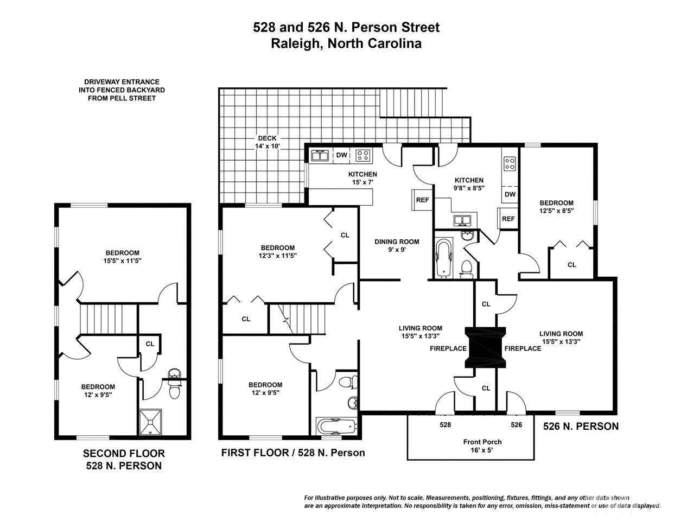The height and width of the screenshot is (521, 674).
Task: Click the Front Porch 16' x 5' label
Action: [482, 446]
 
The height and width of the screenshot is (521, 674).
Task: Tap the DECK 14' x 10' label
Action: [268, 142]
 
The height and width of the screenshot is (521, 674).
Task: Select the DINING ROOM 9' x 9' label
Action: [397, 246]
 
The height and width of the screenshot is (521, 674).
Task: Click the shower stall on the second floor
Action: [150, 422]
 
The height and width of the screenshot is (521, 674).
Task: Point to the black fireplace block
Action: [485, 347]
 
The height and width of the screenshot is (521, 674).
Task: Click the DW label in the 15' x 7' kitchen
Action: [341, 155]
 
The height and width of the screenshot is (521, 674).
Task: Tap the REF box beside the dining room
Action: [422, 200]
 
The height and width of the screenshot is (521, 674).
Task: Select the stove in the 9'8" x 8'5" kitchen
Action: [510, 163]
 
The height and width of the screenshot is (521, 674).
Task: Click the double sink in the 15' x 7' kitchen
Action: [320, 155]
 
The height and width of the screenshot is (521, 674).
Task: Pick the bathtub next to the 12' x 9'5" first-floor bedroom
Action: [336, 427]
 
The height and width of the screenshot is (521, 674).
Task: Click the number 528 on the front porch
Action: [445, 424]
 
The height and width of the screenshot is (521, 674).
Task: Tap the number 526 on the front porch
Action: [517, 424]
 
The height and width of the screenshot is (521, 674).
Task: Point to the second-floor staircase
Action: [109, 319]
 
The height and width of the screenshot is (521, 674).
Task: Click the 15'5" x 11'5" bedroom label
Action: [123, 257]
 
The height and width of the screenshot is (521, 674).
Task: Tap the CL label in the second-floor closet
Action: [150, 344]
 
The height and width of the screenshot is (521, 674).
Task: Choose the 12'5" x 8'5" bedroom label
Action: [556, 207]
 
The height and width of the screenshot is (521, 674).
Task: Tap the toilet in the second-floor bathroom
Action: [175, 391]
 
